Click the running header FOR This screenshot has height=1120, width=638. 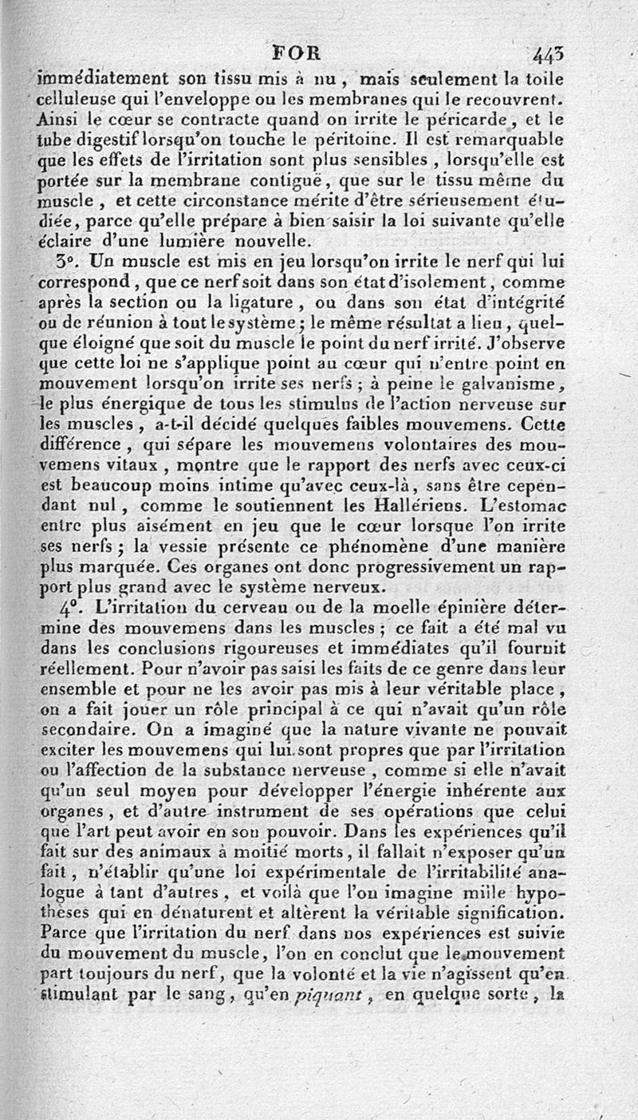coord(296,55)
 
